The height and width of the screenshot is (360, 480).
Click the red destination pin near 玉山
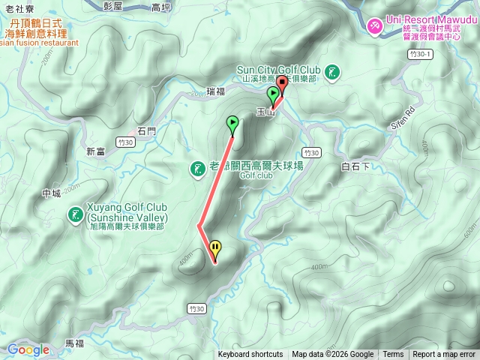pos(282,83)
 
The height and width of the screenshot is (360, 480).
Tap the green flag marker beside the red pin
pos(272,94)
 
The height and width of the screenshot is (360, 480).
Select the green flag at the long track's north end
pos(232,122)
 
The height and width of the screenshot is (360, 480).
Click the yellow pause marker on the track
pos(215,247)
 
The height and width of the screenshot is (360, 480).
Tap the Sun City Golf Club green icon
pos(333,73)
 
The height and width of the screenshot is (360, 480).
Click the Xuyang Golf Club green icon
pos(75,215)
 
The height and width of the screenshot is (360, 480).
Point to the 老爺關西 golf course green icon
pos(197,169)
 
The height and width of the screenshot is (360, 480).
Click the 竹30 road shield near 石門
pos(126,142)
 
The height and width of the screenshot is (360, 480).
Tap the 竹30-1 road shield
pos(421,54)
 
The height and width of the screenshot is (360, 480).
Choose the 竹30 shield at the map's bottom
pos(197,307)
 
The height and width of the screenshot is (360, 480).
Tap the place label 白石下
pos(355,166)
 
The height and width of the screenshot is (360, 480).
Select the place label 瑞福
pos(215,91)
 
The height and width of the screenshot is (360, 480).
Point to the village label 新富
pos(95,151)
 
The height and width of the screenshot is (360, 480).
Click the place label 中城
pos(51,193)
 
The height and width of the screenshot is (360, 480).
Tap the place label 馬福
pos(74,343)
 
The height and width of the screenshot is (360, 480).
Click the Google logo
pos(28,349)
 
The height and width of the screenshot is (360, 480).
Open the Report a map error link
pos(444,355)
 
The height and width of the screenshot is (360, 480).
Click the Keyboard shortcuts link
pos(250,355)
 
